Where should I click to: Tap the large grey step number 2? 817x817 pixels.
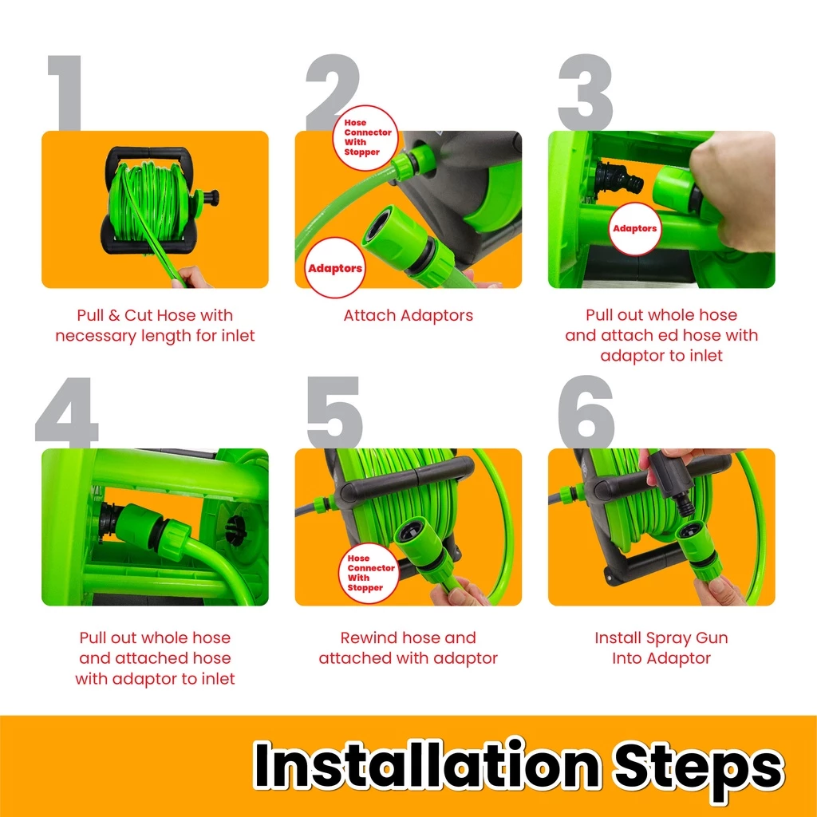(x=333, y=93)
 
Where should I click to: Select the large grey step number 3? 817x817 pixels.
(x=585, y=93)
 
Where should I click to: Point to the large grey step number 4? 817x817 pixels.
(x=67, y=412)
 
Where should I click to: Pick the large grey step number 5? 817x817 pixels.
(x=334, y=412)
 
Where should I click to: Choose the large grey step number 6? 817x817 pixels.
(x=586, y=412)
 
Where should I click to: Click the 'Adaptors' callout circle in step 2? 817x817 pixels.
(x=335, y=268)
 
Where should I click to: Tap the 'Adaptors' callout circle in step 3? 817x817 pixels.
(x=634, y=229)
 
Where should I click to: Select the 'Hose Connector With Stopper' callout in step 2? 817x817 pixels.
(x=365, y=137)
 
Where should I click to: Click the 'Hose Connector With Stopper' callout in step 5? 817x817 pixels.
(x=369, y=573)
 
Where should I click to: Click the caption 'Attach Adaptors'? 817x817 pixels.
(x=408, y=315)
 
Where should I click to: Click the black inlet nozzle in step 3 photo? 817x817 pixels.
(x=620, y=180)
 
